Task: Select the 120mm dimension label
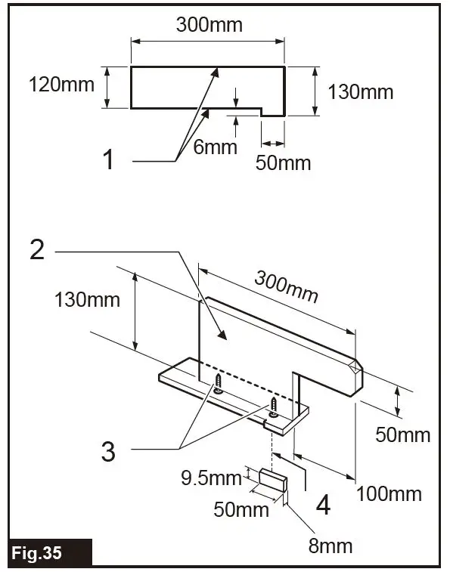pyautogui.click(x=62, y=84)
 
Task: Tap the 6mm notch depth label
pyautogui.click(x=215, y=147)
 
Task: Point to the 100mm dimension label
pyautogui.click(x=389, y=494)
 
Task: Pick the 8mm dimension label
pyautogui.click(x=330, y=544)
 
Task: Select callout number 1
pyautogui.click(x=109, y=159)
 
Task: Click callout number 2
pyautogui.click(x=37, y=249)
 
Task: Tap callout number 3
pyautogui.click(x=109, y=451)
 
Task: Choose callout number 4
pyautogui.click(x=323, y=505)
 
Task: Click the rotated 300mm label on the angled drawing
pyautogui.click(x=285, y=286)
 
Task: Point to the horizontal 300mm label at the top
pyautogui.click(x=209, y=24)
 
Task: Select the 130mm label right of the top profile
pyautogui.click(x=361, y=92)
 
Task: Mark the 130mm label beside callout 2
pyautogui.click(x=87, y=299)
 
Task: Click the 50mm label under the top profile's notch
pyautogui.click(x=283, y=162)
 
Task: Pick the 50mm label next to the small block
pyautogui.click(x=241, y=509)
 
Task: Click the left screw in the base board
pyautogui.click(x=218, y=384)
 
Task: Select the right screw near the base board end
pyautogui.click(x=272, y=408)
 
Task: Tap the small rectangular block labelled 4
pyautogui.click(x=273, y=480)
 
